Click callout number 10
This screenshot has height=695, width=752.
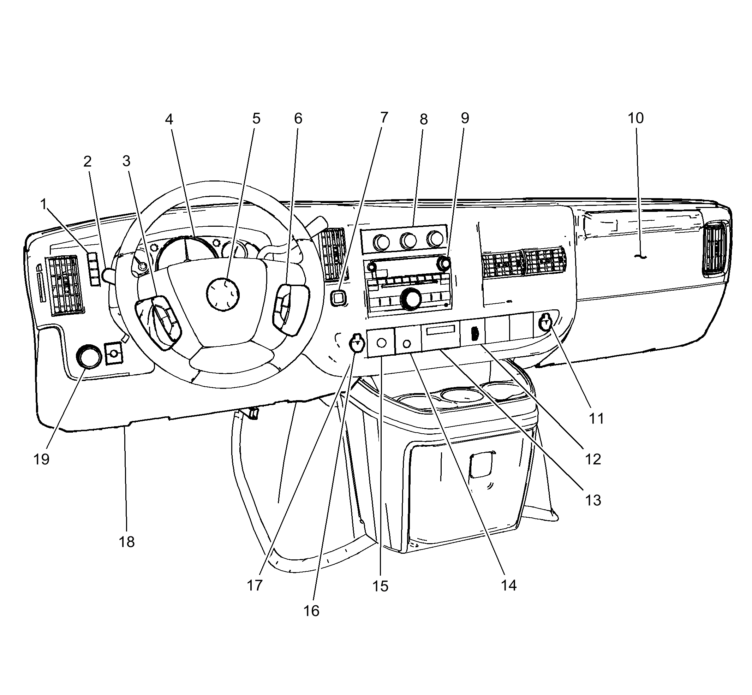[x=636, y=118]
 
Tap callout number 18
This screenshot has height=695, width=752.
[x=127, y=542]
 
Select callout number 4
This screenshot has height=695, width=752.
[x=169, y=120]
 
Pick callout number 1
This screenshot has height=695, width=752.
[x=44, y=204]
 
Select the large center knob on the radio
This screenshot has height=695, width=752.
[x=411, y=299]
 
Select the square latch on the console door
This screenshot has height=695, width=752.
[x=481, y=465]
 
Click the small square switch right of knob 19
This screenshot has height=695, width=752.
[x=114, y=354]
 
